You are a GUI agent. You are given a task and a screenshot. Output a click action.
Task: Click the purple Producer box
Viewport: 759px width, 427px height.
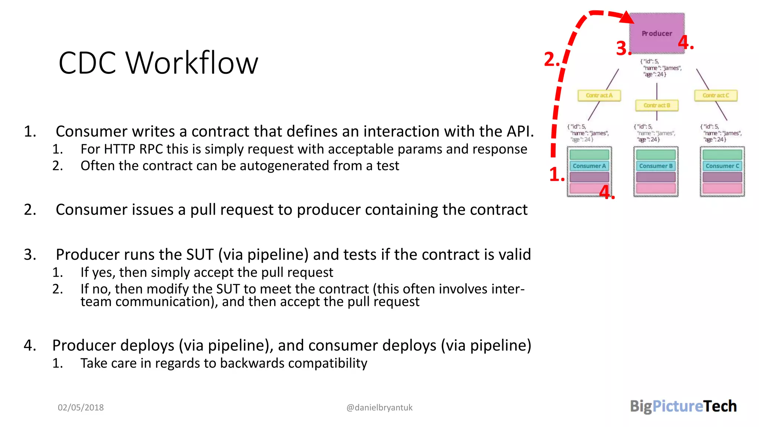pos(657,33)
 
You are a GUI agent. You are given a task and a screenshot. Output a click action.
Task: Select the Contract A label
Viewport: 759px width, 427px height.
pos(599,96)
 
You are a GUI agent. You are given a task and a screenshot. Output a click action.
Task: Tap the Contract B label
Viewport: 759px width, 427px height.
pos(657,106)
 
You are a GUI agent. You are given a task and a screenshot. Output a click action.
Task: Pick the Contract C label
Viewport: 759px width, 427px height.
pos(715,96)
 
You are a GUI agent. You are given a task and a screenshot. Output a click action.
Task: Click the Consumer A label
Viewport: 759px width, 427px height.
pos(589,166)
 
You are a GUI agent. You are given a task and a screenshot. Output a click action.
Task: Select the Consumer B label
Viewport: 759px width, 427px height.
pos(656,166)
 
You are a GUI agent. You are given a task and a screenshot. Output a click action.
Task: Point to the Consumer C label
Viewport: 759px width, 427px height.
pos(722,166)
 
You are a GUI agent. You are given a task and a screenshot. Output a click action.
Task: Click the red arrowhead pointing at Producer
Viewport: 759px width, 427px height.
pos(627,17)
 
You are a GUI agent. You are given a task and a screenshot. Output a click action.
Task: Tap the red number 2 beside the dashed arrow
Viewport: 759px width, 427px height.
pos(551,60)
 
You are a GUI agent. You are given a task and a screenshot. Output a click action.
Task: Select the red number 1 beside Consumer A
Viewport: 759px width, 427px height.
pos(556,175)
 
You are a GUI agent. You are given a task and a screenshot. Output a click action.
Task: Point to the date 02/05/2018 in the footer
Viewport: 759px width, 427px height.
pos(81,408)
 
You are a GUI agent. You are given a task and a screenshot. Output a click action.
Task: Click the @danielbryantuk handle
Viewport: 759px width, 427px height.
pos(379,408)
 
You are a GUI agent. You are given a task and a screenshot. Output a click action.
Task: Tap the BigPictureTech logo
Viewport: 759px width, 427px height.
pos(683,407)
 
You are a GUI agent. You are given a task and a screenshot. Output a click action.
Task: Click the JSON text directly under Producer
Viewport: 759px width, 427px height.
pos(660,68)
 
